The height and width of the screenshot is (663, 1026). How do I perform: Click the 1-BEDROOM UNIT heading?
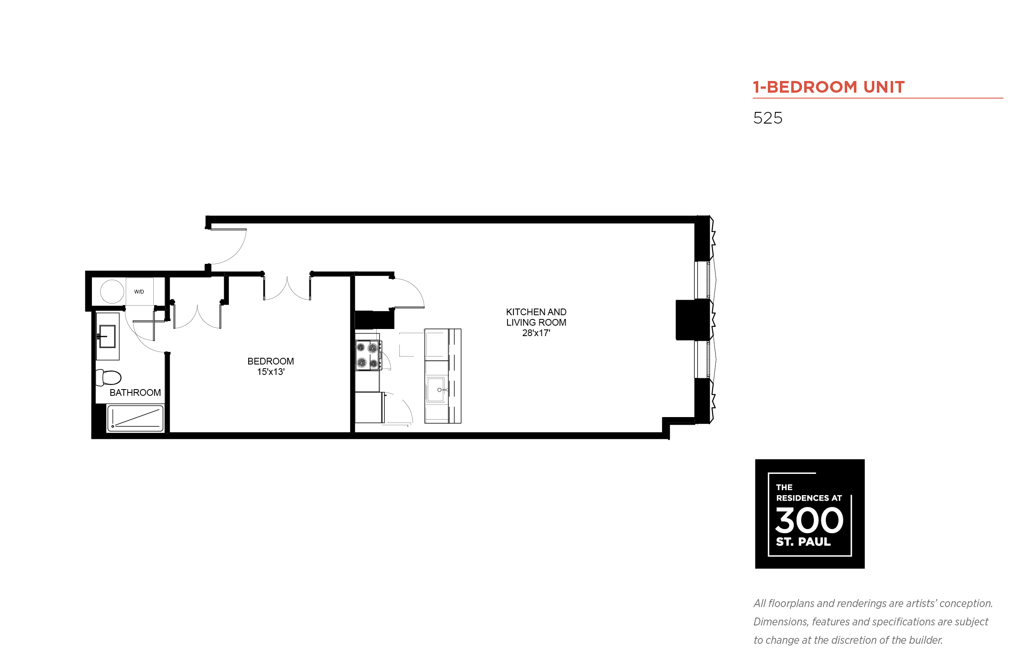coord(828,87)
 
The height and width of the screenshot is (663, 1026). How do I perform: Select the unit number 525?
coord(767,118)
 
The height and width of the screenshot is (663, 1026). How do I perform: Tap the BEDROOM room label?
coord(271,361)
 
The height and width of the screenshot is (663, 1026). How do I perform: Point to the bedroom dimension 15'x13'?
coord(271,372)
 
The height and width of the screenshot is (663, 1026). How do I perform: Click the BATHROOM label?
coord(135,392)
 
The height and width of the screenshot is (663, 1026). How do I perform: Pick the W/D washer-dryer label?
coord(139,292)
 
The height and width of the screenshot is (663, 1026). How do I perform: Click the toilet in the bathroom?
coord(108,377)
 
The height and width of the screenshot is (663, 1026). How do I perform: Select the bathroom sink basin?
coord(107,336)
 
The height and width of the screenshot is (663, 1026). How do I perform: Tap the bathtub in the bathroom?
coord(135,418)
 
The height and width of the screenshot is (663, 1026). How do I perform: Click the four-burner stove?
coord(367,355)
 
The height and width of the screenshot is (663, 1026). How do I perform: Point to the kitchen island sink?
coord(435,390)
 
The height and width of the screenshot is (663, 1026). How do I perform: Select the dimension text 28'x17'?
coord(536,333)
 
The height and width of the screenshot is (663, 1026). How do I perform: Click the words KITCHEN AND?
coord(536,312)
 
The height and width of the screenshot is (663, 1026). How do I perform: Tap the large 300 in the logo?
coord(808,520)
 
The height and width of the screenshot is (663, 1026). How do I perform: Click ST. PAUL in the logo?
coord(803,542)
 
